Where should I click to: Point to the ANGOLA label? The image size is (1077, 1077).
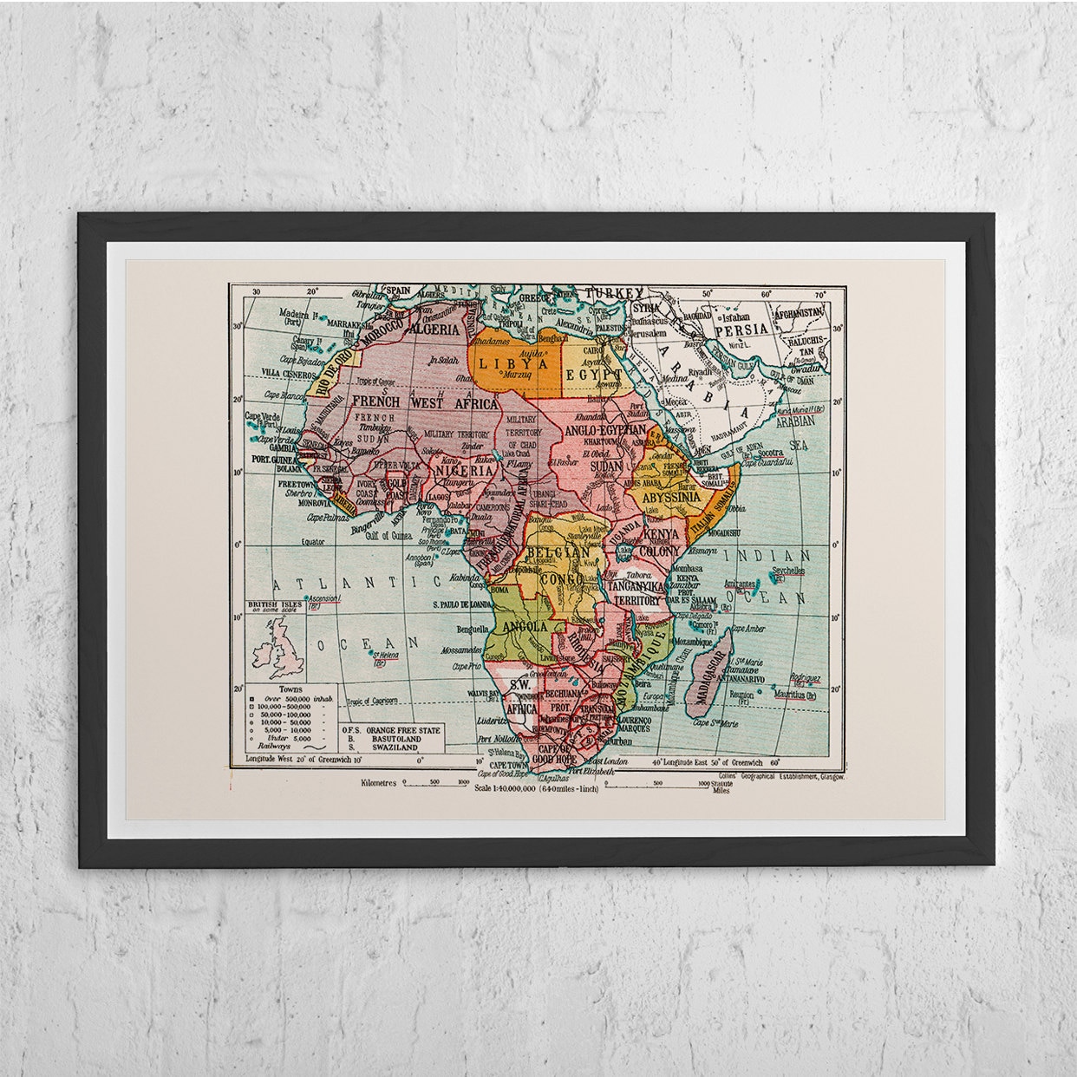click(x=524, y=626)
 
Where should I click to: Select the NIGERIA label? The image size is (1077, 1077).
click(x=465, y=471)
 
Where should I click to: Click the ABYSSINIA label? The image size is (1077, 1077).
click(x=665, y=498)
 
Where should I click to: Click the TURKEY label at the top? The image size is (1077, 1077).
click(x=615, y=293)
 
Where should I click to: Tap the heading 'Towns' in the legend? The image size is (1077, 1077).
click(x=280, y=688)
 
